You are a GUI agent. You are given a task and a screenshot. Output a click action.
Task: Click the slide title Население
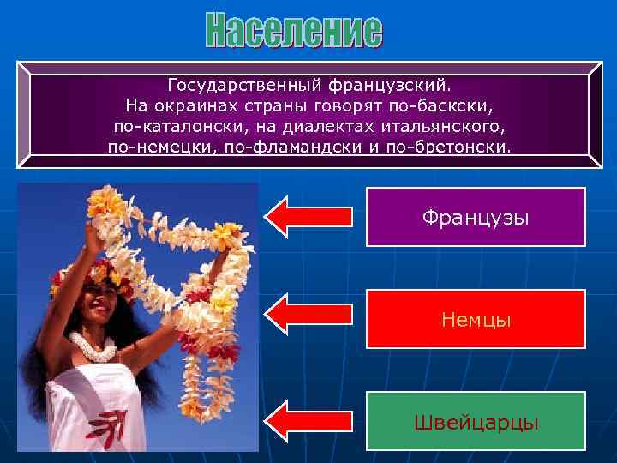pos(294,32)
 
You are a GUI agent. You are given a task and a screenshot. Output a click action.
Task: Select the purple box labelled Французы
pos(476,218)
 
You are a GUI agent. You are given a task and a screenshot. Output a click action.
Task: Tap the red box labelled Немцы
pos(476,319)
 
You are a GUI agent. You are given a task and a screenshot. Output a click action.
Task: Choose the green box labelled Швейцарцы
pos(476,421)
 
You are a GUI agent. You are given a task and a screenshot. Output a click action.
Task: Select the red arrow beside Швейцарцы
pos(308,420)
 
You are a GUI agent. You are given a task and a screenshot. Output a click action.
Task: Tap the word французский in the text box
pos(399,86)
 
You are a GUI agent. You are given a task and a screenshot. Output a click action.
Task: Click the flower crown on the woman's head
pos(81,272)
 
